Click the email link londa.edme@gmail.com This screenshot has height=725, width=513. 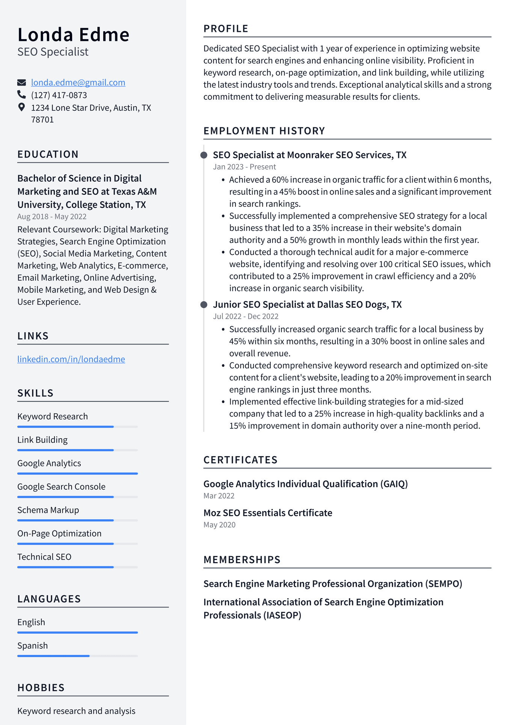point(78,82)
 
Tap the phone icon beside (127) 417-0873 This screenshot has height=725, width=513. point(22,95)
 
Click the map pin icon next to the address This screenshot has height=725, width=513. point(22,107)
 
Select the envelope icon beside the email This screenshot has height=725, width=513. point(22,82)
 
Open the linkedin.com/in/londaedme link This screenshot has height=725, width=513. point(71,359)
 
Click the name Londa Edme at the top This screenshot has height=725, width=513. point(73,35)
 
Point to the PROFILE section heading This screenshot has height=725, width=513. point(226,29)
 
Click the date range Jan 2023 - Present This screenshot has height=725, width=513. point(244,167)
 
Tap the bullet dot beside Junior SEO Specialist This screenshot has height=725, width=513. point(204,304)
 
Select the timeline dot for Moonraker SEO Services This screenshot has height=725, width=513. point(204,155)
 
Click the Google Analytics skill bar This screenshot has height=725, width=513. point(77,473)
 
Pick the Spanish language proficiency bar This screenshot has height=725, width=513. point(77,656)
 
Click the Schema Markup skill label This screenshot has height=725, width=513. point(48,510)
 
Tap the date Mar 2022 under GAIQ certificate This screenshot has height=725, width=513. point(219,496)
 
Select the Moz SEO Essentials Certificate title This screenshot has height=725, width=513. point(268,513)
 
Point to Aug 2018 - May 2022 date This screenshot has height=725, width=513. point(52,217)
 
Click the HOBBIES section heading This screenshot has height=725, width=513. point(41,688)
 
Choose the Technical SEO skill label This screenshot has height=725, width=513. point(44,557)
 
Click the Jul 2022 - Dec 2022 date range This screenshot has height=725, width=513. point(246,317)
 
